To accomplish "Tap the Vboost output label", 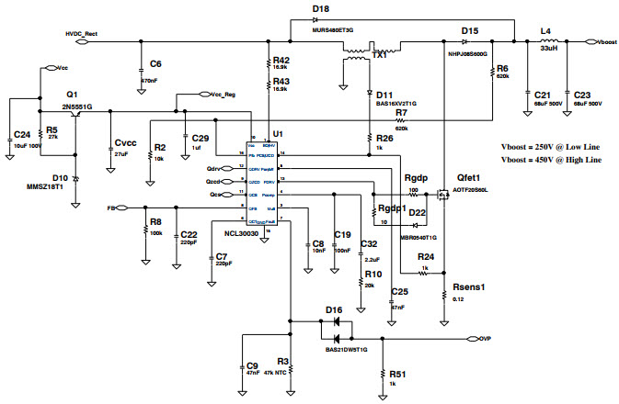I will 606,42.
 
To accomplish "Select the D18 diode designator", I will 320,8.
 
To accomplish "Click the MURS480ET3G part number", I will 338,29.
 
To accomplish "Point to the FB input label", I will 112,208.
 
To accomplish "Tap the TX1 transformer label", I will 378,56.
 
